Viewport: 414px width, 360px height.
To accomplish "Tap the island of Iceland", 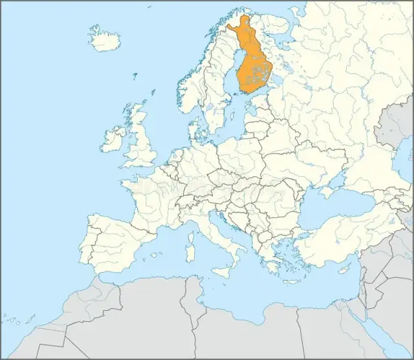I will [104, 39].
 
